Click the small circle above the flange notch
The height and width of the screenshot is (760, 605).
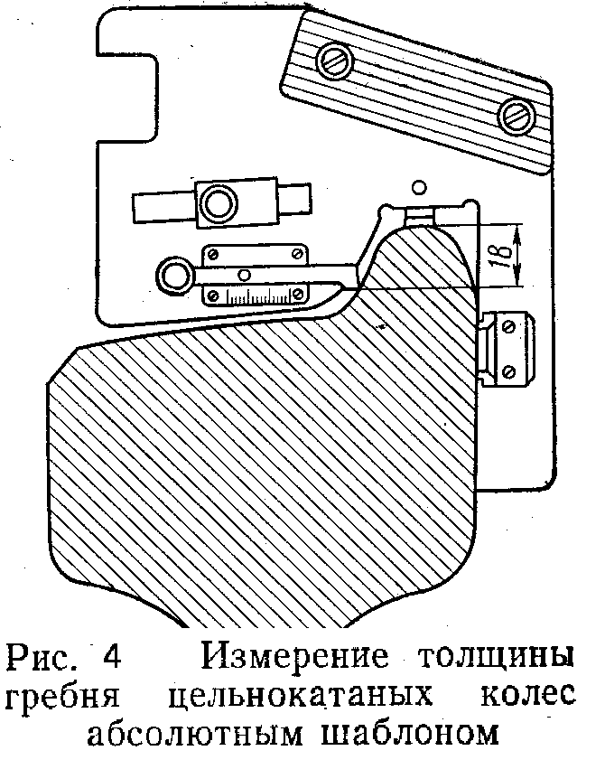[x=418, y=186]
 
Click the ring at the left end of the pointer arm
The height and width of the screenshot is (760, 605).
[x=173, y=277]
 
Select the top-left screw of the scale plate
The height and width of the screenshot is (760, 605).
[x=213, y=255]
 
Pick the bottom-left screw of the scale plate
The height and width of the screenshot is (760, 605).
[x=213, y=296]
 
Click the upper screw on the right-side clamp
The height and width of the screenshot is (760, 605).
[x=508, y=327]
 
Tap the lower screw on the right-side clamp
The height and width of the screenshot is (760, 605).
[x=508, y=371]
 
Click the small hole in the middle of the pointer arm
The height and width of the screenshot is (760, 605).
[x=245, y=276]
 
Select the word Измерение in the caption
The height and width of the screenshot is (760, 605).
[x=295, y=656]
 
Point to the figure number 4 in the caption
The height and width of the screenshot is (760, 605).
[x=112, y=657]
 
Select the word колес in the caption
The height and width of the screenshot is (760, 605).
[x=528, y=695]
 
